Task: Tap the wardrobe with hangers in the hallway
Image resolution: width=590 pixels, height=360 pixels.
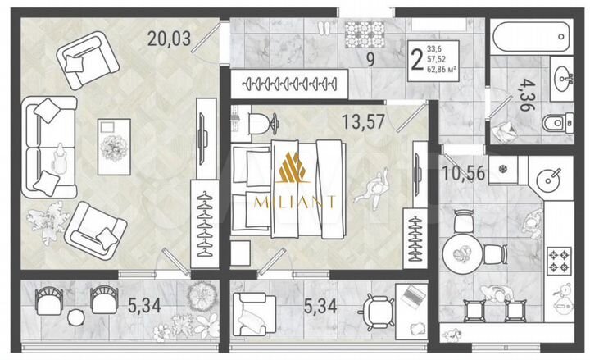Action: pos(287,83)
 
